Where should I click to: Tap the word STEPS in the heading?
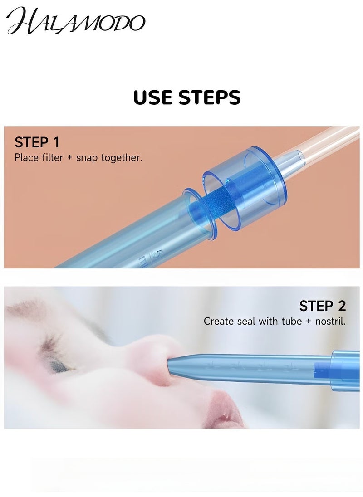(x=211, y=97)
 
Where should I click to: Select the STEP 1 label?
(x=37, y=142)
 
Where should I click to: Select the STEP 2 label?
(x=323, y=306)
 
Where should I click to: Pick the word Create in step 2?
(x=219, y=321)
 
